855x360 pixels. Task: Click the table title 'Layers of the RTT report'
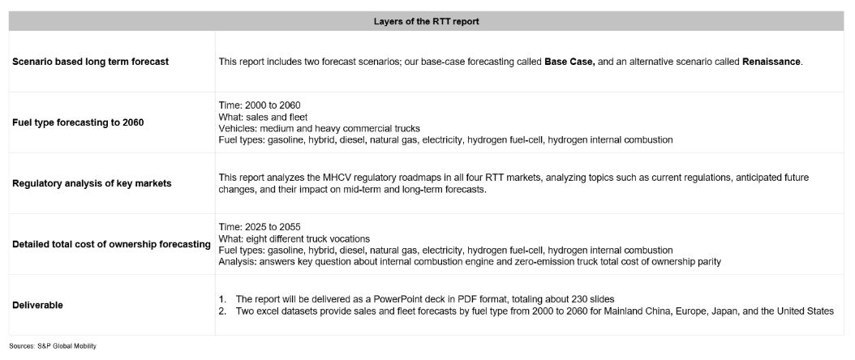(x=427, y=20)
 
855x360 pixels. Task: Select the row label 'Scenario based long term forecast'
(x=91, y=62)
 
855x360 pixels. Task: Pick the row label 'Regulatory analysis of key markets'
(x=92, y=183)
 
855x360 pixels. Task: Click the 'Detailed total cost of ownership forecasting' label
(x=112, y=244)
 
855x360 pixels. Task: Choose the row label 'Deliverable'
(x=39, y=305)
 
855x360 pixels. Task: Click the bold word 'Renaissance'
(x=771, y=62)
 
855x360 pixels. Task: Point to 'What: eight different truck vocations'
(x=294, y=239)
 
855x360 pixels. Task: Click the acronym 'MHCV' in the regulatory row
(x=324, y=178)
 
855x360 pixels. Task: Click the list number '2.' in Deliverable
(x=225, y=311)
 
